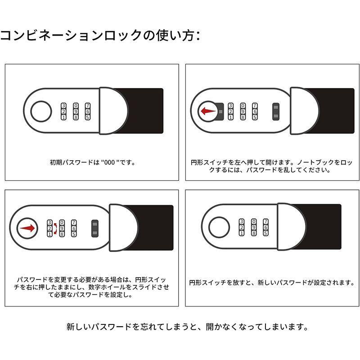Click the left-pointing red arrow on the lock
pos(207,111)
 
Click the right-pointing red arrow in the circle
pos(27,229)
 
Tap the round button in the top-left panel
pos(41,111)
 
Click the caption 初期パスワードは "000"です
pos(92,162)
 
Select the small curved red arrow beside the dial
pos(55,229)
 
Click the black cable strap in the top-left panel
pos(144,111)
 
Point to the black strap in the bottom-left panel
pos(153,228)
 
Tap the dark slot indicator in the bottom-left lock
pos(95,229)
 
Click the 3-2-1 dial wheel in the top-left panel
pos(63,111)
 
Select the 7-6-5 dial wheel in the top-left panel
pos(88,111)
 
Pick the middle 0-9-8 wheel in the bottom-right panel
pos(254,227)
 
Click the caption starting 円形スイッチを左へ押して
pos(272,166)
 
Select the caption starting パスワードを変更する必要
pos(92,288)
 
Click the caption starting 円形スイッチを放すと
pos(272,283)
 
